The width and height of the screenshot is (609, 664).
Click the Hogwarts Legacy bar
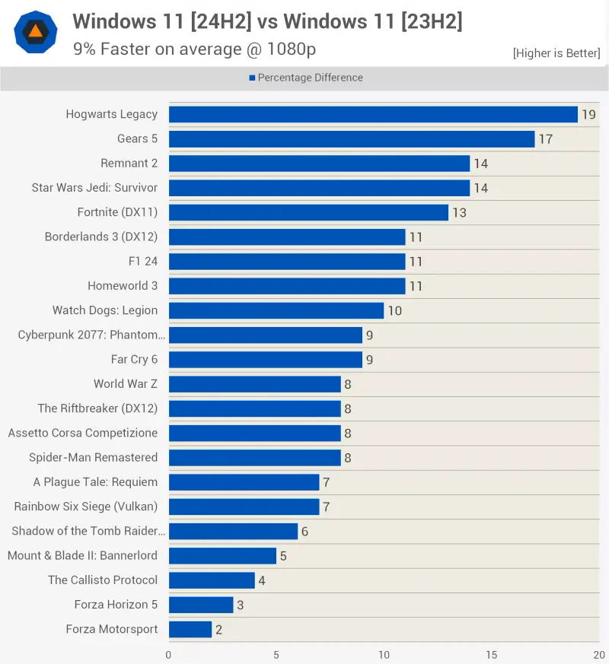coord(373,114)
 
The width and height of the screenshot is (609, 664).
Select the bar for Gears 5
coord(352,139)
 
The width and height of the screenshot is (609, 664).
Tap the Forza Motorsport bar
coord(190,629)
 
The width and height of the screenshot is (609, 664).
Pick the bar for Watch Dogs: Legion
coord(276,310)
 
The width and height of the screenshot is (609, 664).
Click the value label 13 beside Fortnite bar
coord(459,213)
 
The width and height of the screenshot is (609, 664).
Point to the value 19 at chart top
coord(588,115)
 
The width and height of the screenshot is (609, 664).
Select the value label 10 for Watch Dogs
coord(394,311)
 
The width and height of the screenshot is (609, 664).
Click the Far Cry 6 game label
coord(134,360)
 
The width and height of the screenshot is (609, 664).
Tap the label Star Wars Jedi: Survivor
coord(94,188)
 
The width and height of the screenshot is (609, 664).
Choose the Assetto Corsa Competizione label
coord(83,433)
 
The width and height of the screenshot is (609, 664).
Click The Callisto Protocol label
coord(103,580)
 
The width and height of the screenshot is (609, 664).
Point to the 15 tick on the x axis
coord(492,654)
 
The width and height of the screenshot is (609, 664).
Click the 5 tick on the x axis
coord(276,654)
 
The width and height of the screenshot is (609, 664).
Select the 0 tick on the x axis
coord(168,654)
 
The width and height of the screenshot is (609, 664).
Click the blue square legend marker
coord(252,78)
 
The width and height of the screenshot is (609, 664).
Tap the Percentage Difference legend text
coord(310,78)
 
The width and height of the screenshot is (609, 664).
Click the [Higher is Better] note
coord(556,53)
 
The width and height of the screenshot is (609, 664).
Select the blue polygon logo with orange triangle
coord(36,31)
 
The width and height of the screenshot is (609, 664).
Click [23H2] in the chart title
coord(422,22)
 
